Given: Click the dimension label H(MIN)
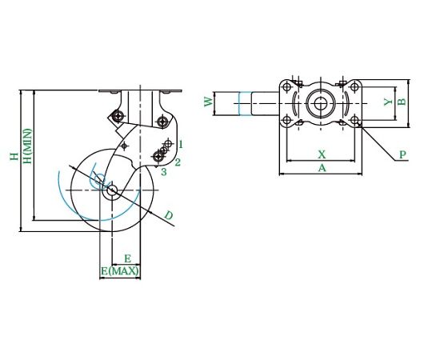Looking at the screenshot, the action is [x=28, y=146].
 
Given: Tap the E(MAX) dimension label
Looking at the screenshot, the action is [x=119, y=271].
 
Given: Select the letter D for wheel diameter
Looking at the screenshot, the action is [x=168, y=215].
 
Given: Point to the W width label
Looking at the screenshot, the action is [x=209, y=102].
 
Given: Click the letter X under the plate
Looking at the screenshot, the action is [x=322, y=154].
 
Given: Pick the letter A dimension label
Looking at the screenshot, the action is [x=322, y=167].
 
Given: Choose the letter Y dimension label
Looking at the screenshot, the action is [x=388, y=102].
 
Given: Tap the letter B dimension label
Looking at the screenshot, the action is [x=402, y=102].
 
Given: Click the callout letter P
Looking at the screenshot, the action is [x=402, y=154].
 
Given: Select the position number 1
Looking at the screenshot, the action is [x=181, y=144].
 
